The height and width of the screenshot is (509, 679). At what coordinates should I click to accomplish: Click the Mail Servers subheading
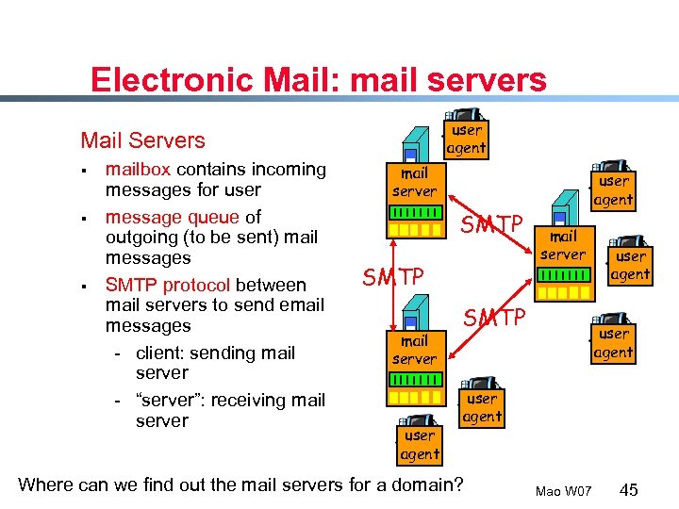[x=142, y=140]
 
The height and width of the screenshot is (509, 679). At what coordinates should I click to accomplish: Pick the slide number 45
[x=629, y=489]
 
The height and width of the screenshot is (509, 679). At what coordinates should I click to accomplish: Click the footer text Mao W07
[x=563, y=491]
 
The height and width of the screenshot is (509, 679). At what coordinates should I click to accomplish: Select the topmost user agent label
[x=466, y=139]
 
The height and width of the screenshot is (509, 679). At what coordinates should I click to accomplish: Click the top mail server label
[x=414, y=182]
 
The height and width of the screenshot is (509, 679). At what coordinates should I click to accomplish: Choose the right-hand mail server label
[x=563, y=245]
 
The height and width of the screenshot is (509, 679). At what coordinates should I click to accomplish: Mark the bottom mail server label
[x=414, y=350]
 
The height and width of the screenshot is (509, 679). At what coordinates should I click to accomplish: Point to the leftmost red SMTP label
[x=393, y=277]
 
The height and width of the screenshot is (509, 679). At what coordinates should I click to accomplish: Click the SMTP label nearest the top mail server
[x=490, y=224]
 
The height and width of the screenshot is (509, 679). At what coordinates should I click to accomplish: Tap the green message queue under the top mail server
[x=414, y=213]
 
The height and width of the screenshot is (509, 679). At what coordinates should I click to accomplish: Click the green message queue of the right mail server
[x=563, y=275]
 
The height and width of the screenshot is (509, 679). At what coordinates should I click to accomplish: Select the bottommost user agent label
[x=420, y=445]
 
